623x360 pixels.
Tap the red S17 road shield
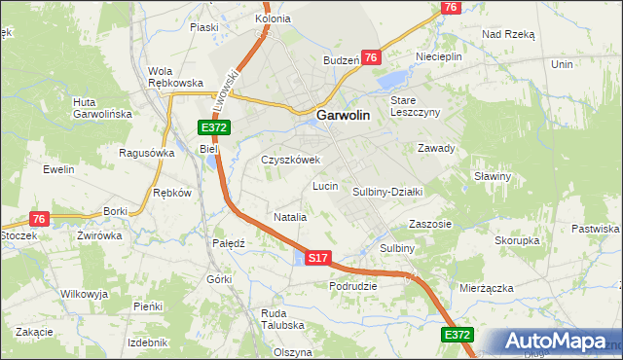pos(318,258)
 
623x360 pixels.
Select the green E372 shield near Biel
pos(214,128)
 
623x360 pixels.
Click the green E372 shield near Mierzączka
pos(458,335)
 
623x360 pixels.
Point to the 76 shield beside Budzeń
pos(371,58)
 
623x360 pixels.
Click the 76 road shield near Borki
pos(39,219)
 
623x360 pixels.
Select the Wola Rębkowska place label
pos(174,77)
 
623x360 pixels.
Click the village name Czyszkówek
pos(290,160)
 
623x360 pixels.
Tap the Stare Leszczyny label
pos(416,106)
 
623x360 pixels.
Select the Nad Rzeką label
pos(508,33)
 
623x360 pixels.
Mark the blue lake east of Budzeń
pos(394,78)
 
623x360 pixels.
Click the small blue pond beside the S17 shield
pos(297,258)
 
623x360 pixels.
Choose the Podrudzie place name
pos(352,286)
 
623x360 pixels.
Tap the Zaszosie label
pos(430,223)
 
